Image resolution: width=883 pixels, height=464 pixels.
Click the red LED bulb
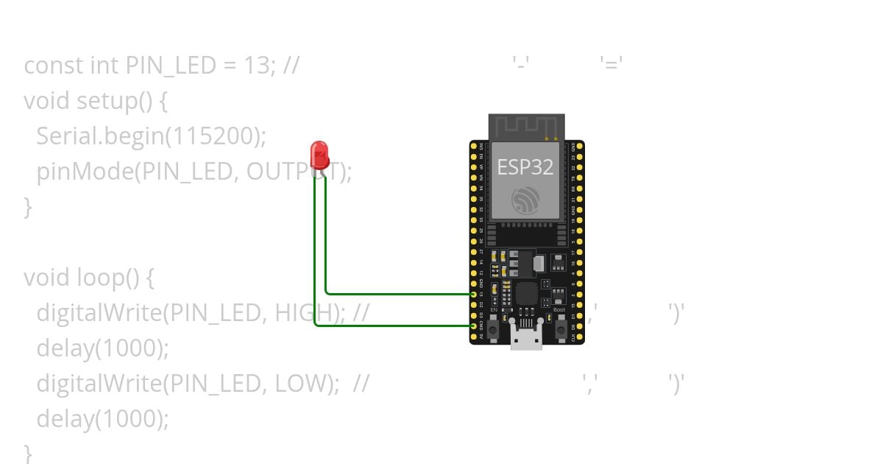click(319, 155)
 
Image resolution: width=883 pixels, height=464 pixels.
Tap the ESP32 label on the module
click(525, 167)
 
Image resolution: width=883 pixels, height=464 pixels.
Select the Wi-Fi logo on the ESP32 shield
click(525, 200)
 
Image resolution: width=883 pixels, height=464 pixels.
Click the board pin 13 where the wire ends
click(474, 293)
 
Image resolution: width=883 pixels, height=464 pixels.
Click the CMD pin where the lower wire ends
click(474, 326)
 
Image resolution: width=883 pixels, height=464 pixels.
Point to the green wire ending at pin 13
click(397, 293)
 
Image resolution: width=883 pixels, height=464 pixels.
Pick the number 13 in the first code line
click(256, 66)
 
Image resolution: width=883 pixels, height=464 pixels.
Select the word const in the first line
click(54, 66)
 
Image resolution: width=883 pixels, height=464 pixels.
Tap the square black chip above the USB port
click(527, 294)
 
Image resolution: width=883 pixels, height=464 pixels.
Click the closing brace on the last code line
click(28, 451)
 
